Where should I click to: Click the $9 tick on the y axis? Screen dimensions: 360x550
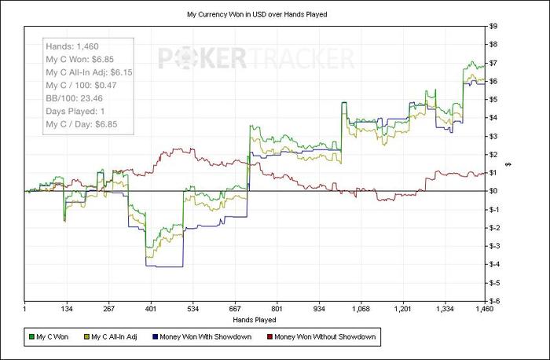click(x=493, y=26)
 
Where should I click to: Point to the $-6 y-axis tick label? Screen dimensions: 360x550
click(x=494, y=300)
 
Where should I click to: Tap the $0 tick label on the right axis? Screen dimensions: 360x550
click(x=493, y=191)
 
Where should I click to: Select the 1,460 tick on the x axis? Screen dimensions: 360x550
click(x=484, y=309)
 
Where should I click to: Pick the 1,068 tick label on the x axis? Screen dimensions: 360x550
click(x=361, y=309)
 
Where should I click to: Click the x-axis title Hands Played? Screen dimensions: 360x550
click(x=255, y=319)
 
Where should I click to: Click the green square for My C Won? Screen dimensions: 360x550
click(x=31, y=337)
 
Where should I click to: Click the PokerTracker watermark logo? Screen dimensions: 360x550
click(x=256, y=57)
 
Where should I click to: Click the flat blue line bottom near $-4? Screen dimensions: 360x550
click(x=165, y=267)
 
